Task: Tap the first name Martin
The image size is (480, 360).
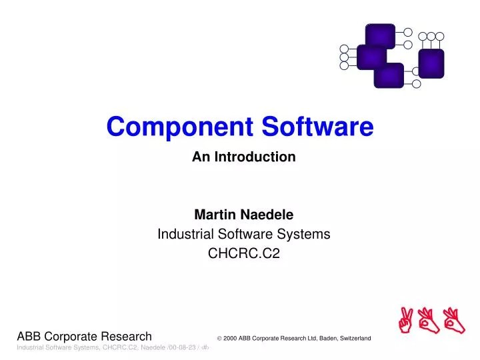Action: tap(211, 215)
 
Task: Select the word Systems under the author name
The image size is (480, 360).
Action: tap(307, 234)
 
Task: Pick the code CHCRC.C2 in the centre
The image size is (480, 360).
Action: tap(243, 253)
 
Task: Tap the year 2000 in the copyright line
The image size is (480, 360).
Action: tap(231, 339)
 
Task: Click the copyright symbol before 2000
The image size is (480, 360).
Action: tap(219, 339)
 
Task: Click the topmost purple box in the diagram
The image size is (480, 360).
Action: tap(379, 35)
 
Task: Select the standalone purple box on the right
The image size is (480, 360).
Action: tap(431, 63)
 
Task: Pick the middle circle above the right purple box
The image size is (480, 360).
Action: tap(431, 35)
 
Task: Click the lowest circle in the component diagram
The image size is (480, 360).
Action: tap(417, 84)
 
